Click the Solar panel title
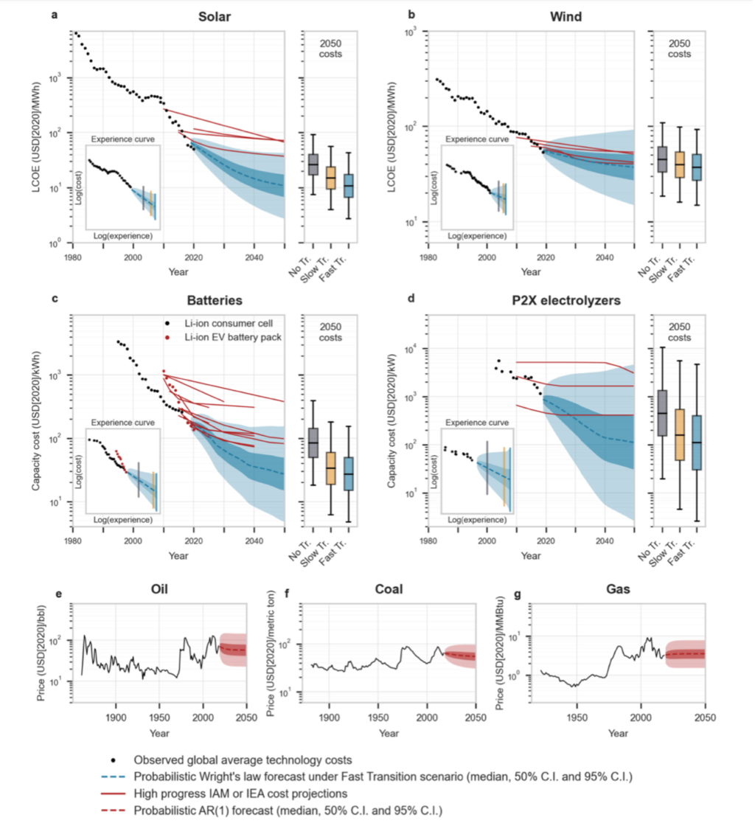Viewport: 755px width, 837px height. click(x=214, y=15)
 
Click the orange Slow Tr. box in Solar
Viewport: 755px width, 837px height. click(x=331, y=178)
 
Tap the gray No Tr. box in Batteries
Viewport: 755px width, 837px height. click(x=313, y=441)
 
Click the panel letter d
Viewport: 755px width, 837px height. click(x=411, y=299)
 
